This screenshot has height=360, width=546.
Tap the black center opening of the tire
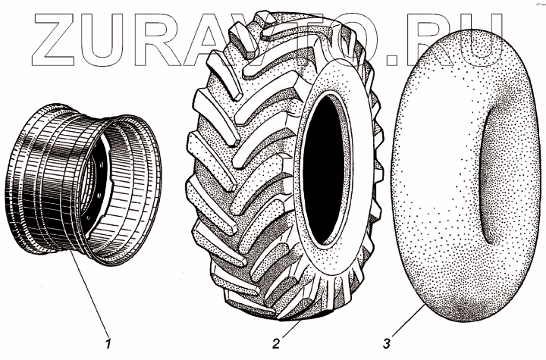click(325, 174)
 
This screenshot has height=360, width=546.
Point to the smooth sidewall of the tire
click(356, 227)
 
